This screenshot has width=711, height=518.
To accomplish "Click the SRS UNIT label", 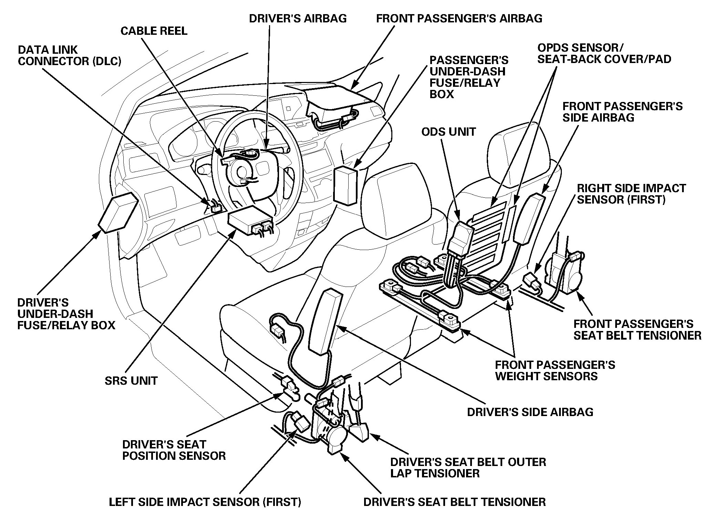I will tap(131, 381).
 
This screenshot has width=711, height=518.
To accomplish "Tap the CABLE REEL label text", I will tap(154, 31).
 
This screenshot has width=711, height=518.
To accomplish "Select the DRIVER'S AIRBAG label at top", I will tap(298, 18).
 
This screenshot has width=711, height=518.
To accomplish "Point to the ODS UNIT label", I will tap(449, 132).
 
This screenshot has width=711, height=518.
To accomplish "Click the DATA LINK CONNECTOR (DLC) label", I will tap(70, 55).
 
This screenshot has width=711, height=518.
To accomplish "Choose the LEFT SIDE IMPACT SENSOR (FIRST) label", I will tap(205, 502).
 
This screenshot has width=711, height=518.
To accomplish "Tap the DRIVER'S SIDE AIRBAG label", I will tap(530, 412).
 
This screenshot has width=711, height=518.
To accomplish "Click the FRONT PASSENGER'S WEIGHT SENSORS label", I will tap(555, 370).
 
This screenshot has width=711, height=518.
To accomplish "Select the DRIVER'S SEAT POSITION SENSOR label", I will tap(174, 450).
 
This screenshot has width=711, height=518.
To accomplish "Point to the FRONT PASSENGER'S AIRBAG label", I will tap(459, 18).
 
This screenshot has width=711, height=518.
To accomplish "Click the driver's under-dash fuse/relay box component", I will tap(118, 211).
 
